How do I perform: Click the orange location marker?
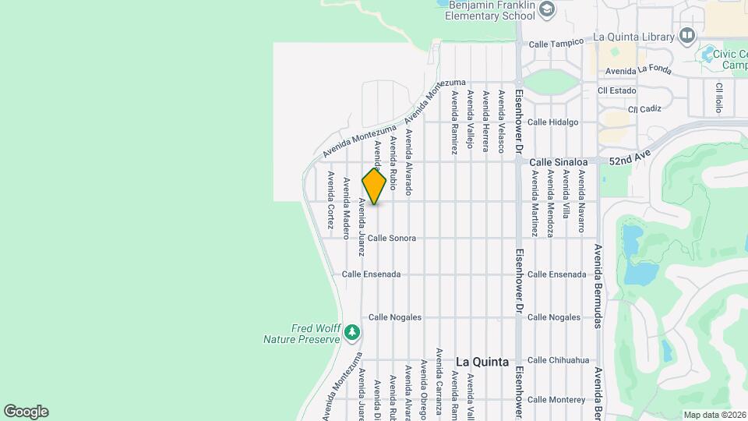374,186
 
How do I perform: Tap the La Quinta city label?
482,362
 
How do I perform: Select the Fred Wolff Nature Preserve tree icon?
352,333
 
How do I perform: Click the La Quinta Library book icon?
686,35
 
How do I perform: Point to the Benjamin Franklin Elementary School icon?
546,9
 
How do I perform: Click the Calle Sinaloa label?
558,162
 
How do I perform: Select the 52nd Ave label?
629,157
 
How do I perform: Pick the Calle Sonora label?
392,238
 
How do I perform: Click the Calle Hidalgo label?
552,122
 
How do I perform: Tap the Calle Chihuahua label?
556,360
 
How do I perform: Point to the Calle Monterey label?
556,400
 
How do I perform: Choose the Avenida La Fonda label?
638,70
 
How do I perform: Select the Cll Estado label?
617,90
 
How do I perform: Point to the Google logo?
26,412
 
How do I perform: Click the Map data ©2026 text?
714,415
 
